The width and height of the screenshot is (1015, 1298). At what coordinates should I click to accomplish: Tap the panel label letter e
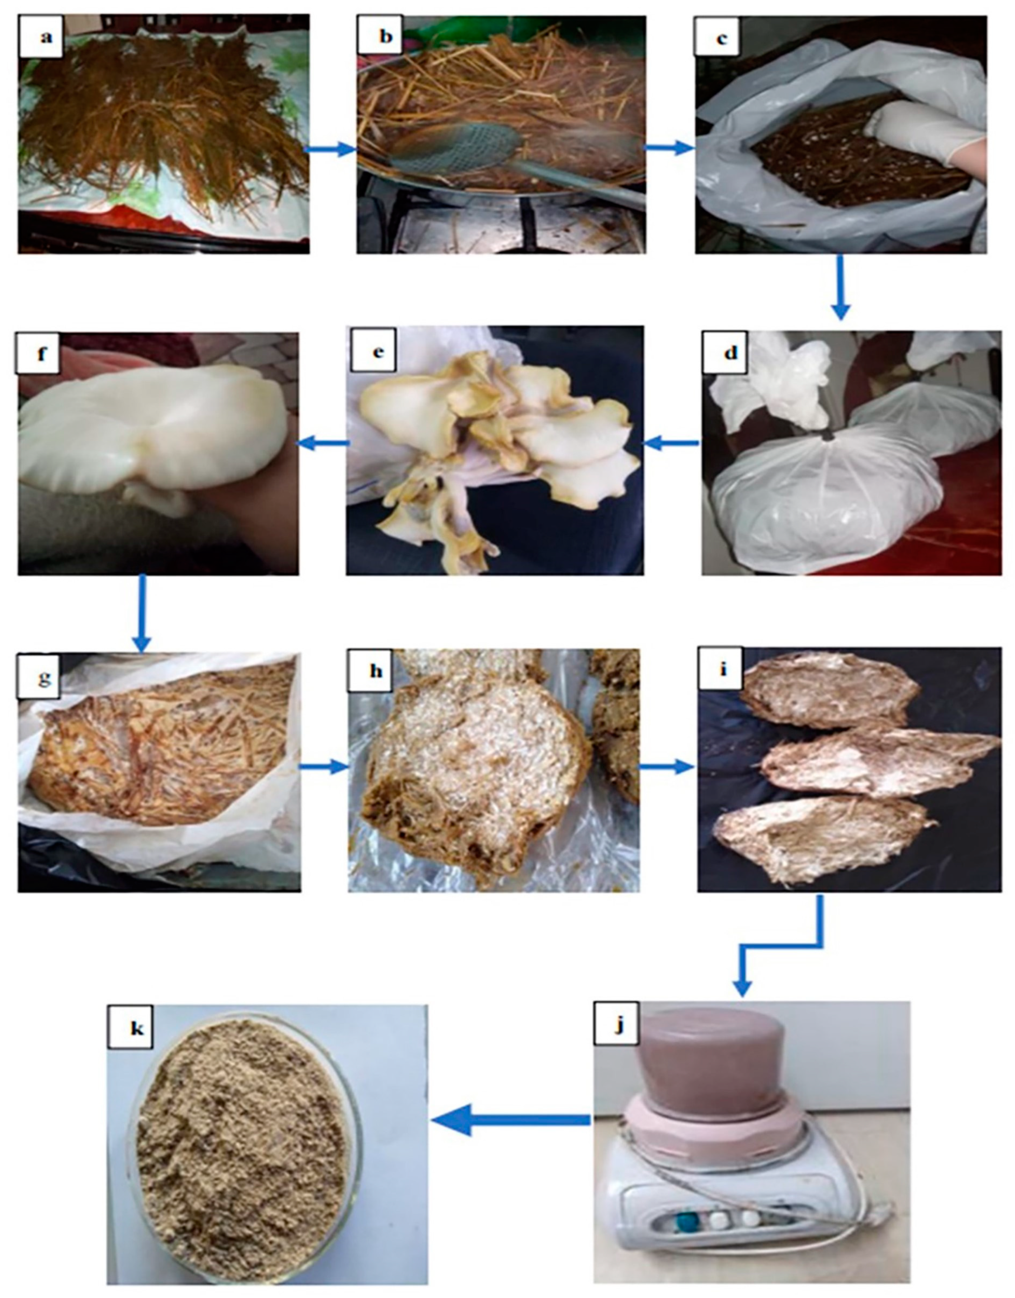tap(377, 351)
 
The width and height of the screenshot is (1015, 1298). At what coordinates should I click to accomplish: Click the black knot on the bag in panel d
tap(828, 437)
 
